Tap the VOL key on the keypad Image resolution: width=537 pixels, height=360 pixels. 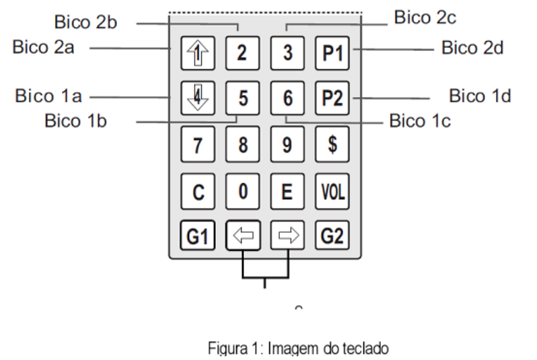pyautogui.click(x=332, y=192)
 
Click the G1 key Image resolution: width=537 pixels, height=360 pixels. pyautogui.click(x=198, y=236)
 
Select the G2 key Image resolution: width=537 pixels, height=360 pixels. pyautogui.click(x=332, y=236)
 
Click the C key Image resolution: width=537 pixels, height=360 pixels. pyautogui.click(x=198, y=192)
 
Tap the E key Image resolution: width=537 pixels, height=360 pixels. pyautogui.click(x=287, y=192)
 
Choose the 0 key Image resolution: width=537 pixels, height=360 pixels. pyautogui.click(x=242, y=192)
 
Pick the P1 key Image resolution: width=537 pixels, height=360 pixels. pyautogui.click(x=332, y=53)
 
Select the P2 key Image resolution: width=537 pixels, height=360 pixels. pyautogui.click(x=332, y=98)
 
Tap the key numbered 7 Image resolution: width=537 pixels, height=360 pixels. pyautogui.click(x=198, y=144)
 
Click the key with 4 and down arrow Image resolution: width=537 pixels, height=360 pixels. pyautogui.click(x=198, y=98)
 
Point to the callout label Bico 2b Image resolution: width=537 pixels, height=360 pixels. pyautogui.click(x=85, y=22)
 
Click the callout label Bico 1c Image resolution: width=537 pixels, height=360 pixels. pyautogui.click(x=420, y=121)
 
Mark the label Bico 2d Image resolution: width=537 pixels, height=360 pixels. pyautogui.click(x=472, y=48)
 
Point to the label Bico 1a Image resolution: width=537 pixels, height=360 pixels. pyautogui.click(x=48, y=96)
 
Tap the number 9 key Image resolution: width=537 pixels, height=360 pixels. pyautogui.click(x=287, y=144)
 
